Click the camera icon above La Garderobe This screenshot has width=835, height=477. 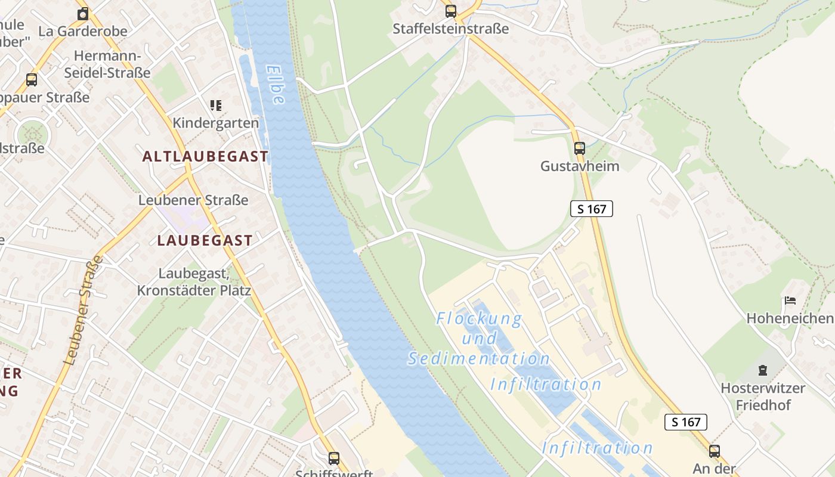[83, 14]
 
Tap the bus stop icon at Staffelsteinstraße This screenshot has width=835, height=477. [451, 11]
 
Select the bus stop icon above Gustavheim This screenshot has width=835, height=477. [579, 148]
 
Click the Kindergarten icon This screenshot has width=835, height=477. [216, 106]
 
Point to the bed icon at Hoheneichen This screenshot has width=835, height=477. [790, 301]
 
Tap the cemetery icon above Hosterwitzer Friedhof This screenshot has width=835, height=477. [762, 370]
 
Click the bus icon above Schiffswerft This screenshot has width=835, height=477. [334, 458]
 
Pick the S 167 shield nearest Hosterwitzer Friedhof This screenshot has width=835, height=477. [685, 422]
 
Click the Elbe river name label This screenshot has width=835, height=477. [274, 85]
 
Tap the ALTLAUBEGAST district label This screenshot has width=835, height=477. [205, 157]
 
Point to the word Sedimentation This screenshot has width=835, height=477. [479, 358]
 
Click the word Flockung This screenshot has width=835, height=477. [479, 319]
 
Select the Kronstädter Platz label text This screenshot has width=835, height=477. [194, 291]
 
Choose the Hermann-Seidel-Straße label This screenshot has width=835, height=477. [112, 64]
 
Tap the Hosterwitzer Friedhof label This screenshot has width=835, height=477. [763, 397]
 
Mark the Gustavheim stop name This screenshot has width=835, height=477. [580, 166]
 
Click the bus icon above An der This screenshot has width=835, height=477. [714, 451]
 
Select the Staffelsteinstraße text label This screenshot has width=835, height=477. [450, 29]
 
